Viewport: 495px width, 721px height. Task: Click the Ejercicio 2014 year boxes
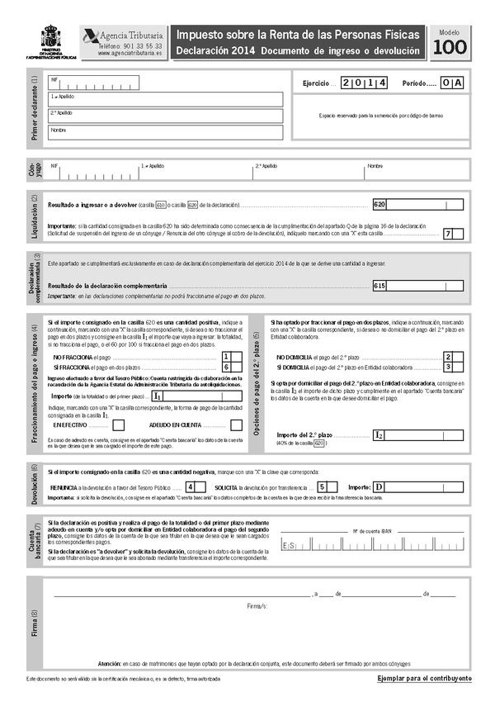(x=364, y=83)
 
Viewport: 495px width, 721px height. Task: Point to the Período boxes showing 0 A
(x=451, y=83)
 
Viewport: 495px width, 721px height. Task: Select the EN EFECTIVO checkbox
(x=118, y=425)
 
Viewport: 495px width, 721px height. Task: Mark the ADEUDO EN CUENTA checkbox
(x=236, y=425)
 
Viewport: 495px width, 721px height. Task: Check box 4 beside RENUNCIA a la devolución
(x=196, y=486)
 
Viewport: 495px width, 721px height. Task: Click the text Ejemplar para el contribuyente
(x=424, y=678)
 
